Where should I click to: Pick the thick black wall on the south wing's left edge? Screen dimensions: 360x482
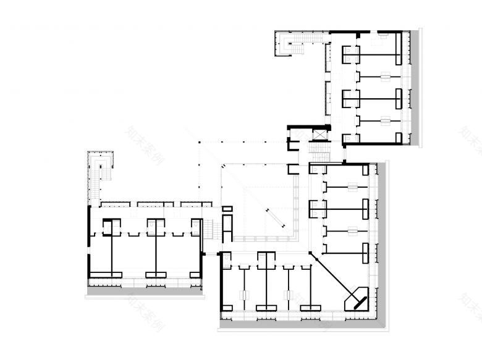pyautogui.click(x=221, y=284)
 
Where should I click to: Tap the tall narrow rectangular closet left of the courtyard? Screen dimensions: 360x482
pyautogui.click(x=227, y=225)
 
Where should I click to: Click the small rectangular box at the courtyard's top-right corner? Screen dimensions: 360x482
pyautogui.click(x=294, y=169)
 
